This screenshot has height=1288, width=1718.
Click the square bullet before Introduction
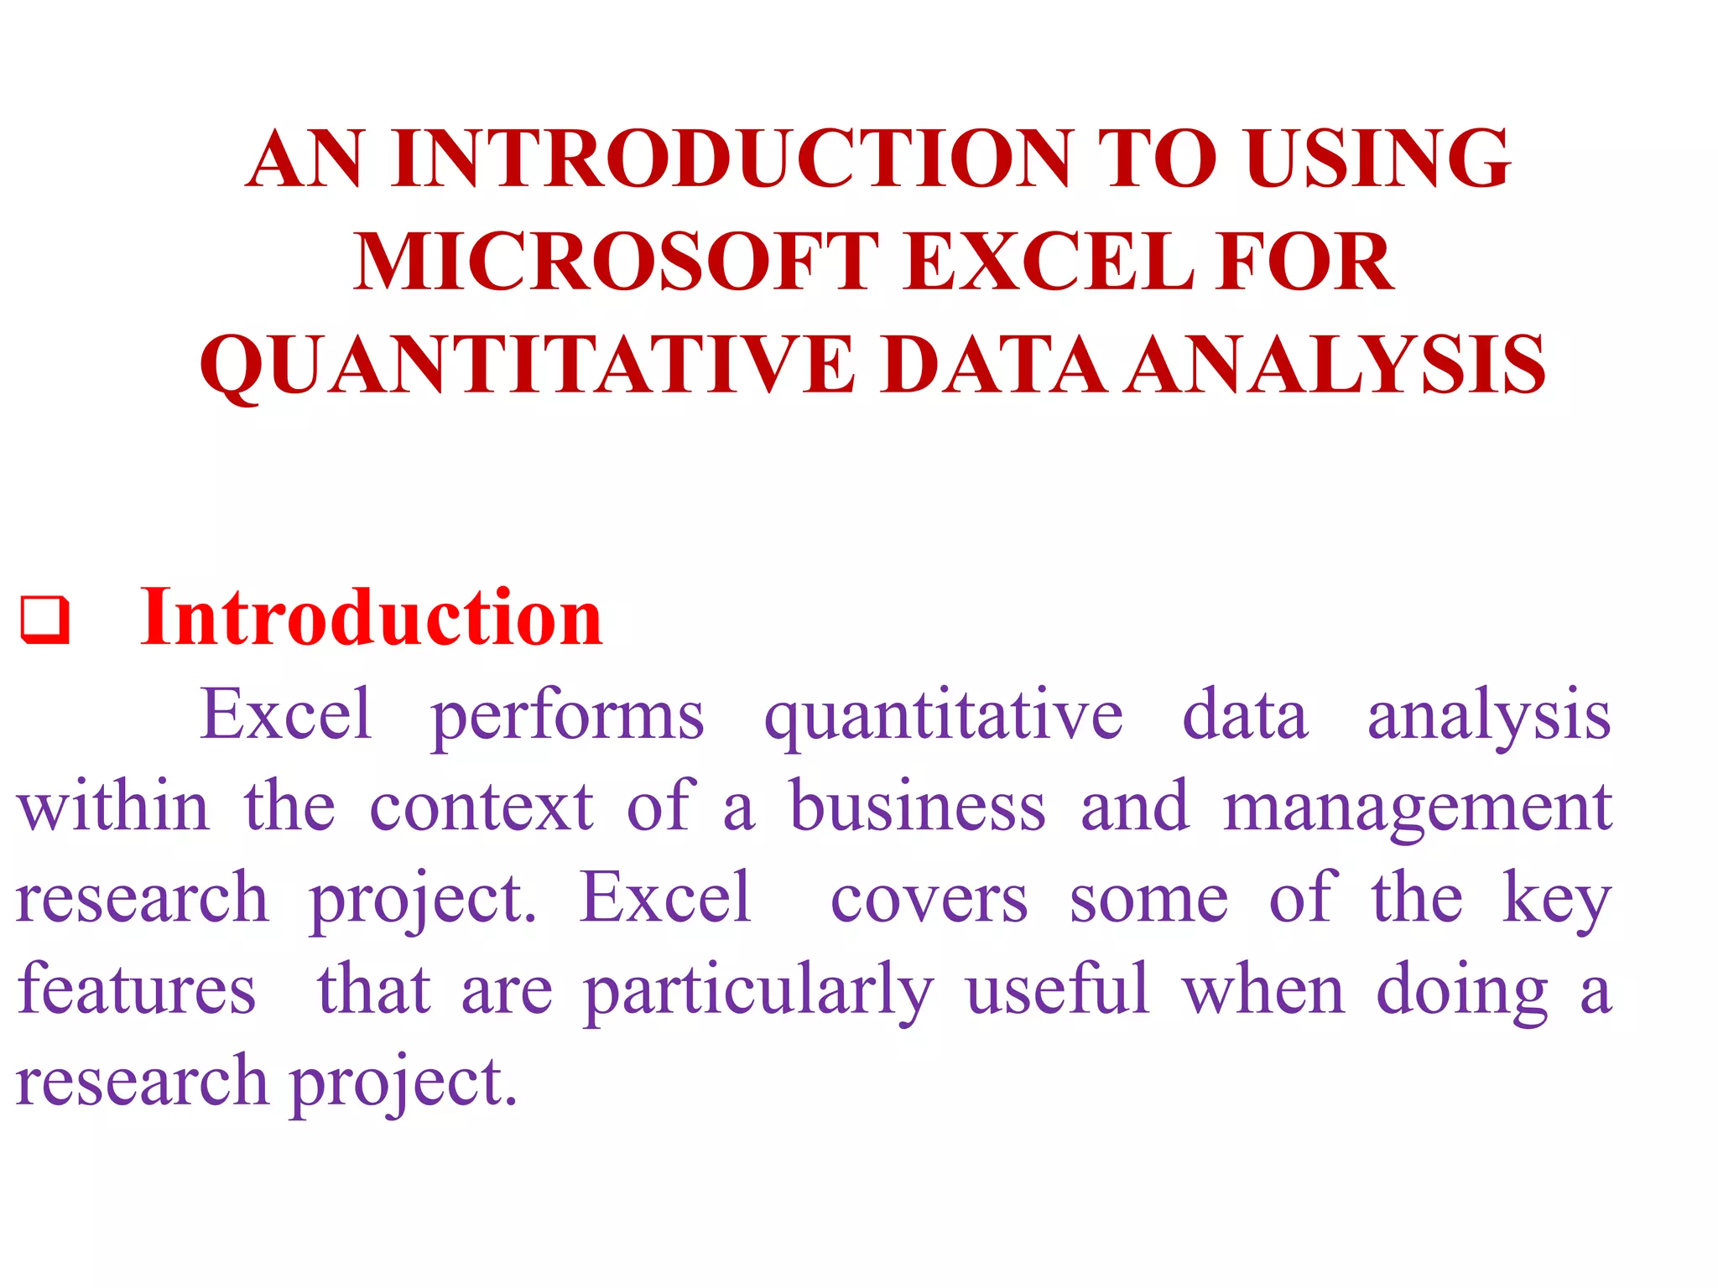point(44,621)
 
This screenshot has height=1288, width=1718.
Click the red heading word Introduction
point(371,618)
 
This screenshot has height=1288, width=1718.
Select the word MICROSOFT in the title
point(617,262)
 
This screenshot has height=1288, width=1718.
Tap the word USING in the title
point(1377,158)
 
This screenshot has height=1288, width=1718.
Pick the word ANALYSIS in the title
point(1335,365)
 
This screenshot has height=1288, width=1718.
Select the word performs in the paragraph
point(567,717)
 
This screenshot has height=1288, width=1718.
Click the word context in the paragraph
point(482,807)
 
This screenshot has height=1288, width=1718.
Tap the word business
point(918,807)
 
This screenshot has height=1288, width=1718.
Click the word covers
point(929,900)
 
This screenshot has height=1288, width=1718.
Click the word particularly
point(758,992)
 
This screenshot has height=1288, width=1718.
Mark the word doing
point(1462,992)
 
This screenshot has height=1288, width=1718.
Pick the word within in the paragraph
point(113,807)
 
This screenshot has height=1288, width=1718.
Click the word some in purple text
point(1148,900)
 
